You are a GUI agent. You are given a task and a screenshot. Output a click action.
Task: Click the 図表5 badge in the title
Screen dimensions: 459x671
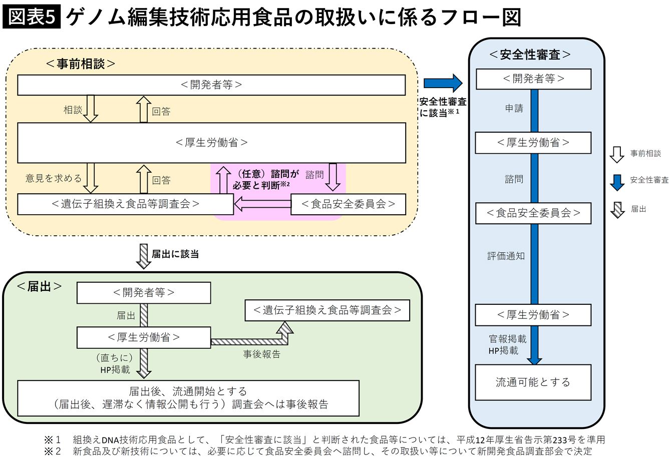(x=32, y=17)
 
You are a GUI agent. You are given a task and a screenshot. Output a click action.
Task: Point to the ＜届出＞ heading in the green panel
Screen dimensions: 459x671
(x=40, y=286)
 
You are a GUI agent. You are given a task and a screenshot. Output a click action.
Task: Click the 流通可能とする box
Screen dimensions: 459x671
(x=533, y=382)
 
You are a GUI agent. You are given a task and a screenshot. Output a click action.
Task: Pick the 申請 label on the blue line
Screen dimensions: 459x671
(x=514, y=108)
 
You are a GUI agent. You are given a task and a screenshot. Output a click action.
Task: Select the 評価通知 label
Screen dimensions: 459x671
(x=506, y=256)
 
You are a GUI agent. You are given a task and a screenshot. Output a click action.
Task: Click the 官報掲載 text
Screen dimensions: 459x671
(x=507, y=339)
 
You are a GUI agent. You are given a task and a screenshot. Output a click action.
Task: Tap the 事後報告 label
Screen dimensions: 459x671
(x=262, y=354)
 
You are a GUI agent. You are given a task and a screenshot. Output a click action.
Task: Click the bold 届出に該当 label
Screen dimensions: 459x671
(x=175, y=254)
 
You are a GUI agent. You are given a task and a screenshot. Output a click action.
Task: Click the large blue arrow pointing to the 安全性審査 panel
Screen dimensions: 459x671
(x=443, y=83)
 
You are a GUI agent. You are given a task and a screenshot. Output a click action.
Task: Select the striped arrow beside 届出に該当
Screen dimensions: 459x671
(x=144, y=256)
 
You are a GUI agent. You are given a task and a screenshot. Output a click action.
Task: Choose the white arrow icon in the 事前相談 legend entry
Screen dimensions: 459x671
(x=617, y=154)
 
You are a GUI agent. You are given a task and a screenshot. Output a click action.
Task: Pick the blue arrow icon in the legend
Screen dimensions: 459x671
(x=617, y=182)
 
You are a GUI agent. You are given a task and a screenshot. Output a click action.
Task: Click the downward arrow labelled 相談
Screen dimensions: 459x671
(x=91, y=109)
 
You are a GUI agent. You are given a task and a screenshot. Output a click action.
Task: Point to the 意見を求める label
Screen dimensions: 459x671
(x=54, y=178)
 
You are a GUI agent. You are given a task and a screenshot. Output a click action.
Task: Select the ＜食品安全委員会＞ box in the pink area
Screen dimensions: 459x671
(x=348, y=204)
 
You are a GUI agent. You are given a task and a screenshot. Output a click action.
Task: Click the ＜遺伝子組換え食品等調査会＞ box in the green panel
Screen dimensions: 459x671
(x=327, y=310)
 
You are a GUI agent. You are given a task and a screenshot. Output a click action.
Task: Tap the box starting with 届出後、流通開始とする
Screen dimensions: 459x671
(x=188, y=398)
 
